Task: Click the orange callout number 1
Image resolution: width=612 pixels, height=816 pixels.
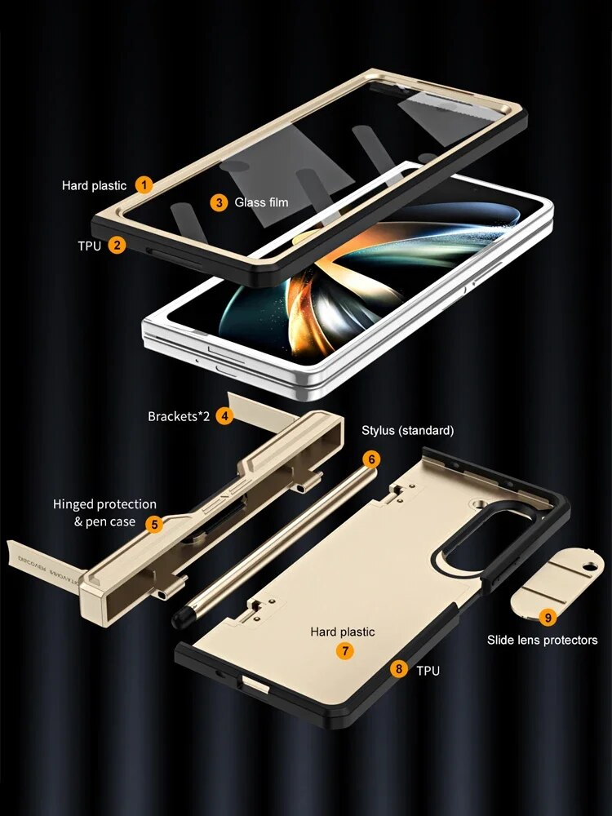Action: tap(144, 185)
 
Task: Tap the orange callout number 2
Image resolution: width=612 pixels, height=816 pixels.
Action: tap(118, 244)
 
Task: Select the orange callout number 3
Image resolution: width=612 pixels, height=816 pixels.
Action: tap(218, 202)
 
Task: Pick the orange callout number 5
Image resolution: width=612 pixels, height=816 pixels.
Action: tap(153, 522)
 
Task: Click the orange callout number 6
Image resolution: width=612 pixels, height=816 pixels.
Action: tap(371, 459)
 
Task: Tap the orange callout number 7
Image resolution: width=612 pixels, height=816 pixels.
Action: tap(346, 650)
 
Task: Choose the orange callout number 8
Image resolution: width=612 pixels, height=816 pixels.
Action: tap(398, 670)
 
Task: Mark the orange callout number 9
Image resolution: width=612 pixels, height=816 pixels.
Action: tap(548, 618)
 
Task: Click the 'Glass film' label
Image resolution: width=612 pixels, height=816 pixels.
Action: tap(261, 202)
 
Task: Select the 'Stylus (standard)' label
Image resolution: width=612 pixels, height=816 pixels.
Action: tap(407, 430)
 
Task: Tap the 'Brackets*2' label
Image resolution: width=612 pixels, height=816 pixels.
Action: tap(179, 416)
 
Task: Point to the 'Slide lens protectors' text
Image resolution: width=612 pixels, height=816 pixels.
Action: tap(542, 641)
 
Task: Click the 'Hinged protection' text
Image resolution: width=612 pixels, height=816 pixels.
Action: tap(104, 504)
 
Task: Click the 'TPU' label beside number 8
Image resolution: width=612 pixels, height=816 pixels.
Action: tap(428, 671)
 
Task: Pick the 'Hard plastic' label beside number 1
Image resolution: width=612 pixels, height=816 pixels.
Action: tap(94, 186)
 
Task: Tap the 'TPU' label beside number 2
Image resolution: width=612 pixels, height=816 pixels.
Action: tap(90, 244)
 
